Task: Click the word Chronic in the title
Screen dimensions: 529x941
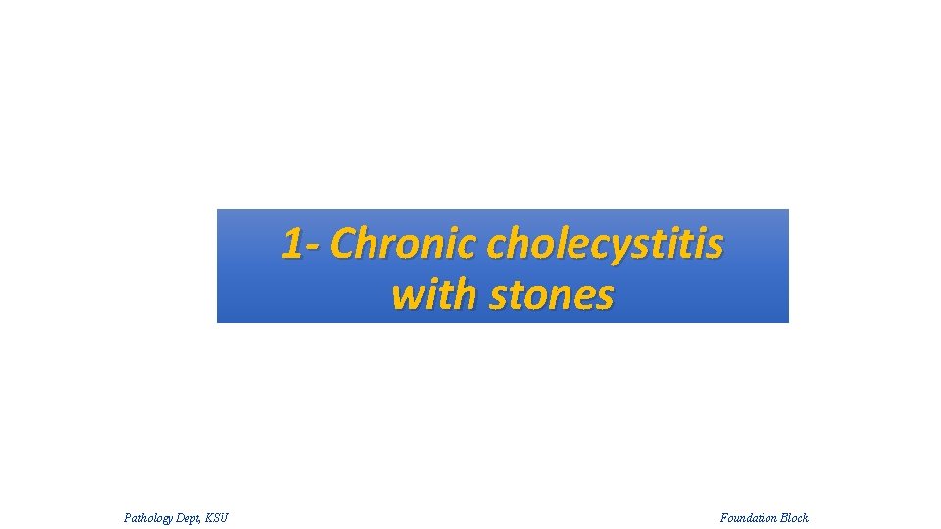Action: [405, 244]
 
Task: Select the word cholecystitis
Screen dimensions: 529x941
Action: [605, 244]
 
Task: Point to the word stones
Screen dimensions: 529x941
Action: [551, 294]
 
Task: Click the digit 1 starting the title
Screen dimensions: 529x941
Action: [291, 244]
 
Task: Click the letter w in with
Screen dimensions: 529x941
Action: [405, 295]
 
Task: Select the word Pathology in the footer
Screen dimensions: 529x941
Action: [149, 517]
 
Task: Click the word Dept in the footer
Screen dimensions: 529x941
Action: [188, 517]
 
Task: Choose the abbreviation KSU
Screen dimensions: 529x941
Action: [217, 517]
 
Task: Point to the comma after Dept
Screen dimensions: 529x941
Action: [201, 520]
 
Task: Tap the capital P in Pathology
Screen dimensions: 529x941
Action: [128, 517]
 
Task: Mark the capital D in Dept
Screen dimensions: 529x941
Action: [181, 517]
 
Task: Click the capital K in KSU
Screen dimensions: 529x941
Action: [209, 517]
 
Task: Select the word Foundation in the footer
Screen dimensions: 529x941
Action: [750, 517]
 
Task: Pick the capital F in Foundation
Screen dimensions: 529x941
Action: [724, 517]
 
